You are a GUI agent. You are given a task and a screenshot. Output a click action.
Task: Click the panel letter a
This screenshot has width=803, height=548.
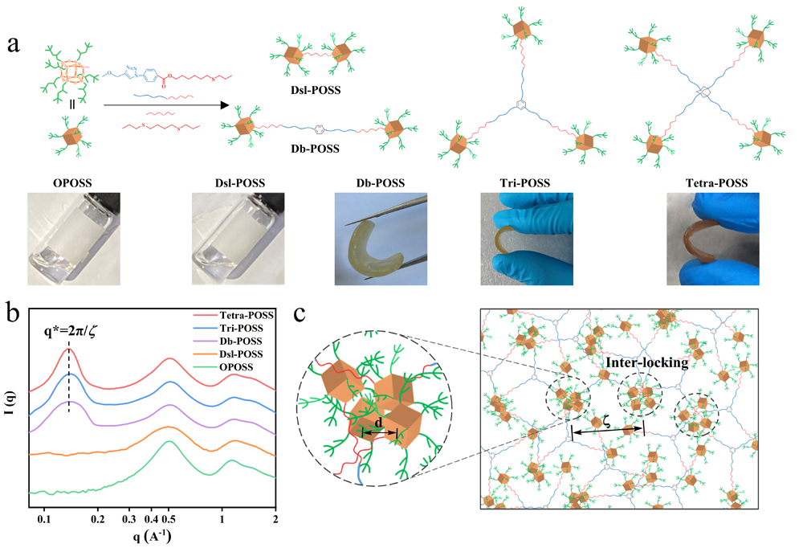tap(14, 44)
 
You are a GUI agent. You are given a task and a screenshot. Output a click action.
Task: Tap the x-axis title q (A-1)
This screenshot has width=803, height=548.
tap(151, 537)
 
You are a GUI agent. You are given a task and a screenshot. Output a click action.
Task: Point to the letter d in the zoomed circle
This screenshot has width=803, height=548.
tap(379, 423)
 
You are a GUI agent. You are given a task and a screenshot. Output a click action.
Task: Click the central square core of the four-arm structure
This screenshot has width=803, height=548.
tap(703, 94)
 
